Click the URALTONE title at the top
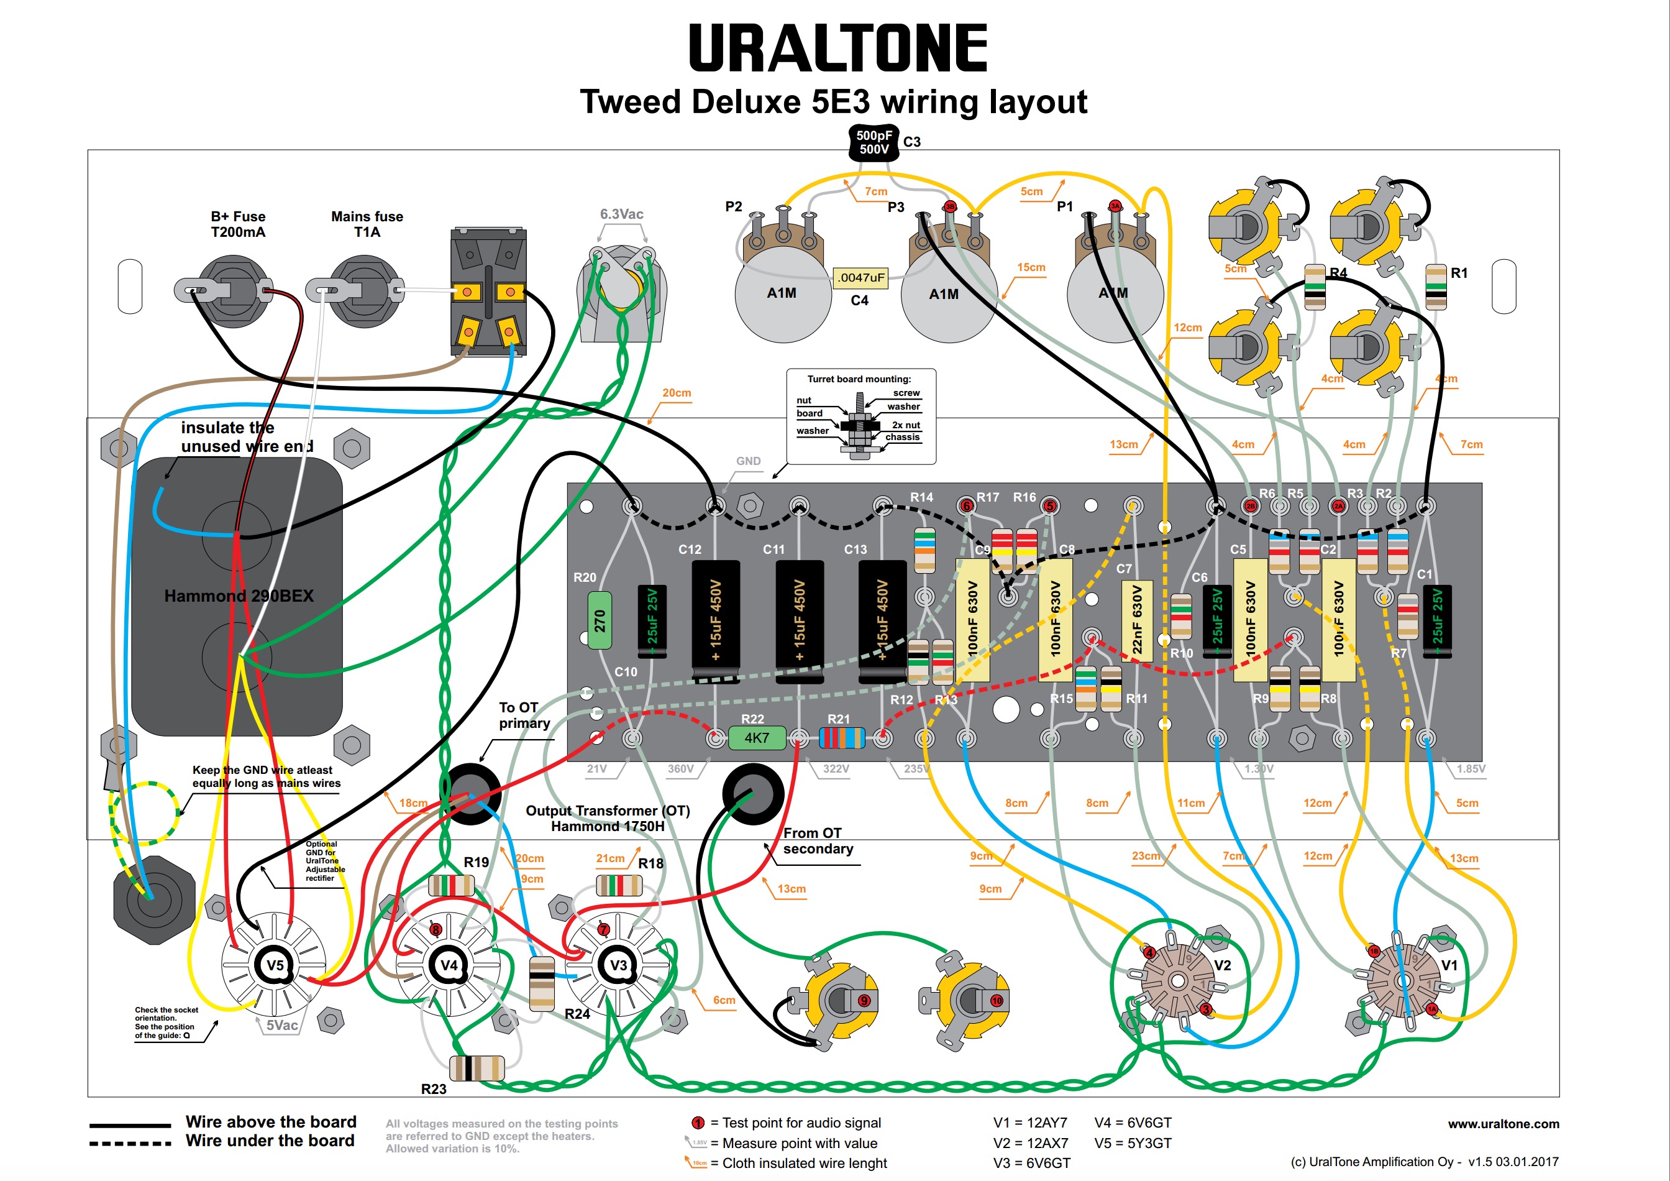pos(837,48)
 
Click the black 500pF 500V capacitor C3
pos(874,142)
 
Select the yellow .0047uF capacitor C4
pos(860,277)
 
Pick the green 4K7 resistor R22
pos(757,738)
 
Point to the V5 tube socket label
pos(275,965)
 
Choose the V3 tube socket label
pos(618,965)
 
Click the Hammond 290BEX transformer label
pos(239,596)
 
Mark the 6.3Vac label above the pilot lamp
pos(621,214)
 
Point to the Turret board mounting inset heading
pos(859,379)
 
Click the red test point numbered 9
pos(864,1001)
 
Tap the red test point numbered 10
pos(997,1001)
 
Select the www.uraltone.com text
pos(1503,1124)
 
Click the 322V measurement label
pos(836,768)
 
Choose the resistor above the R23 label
pos(477,1067)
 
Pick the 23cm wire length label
pos(1146,856)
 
